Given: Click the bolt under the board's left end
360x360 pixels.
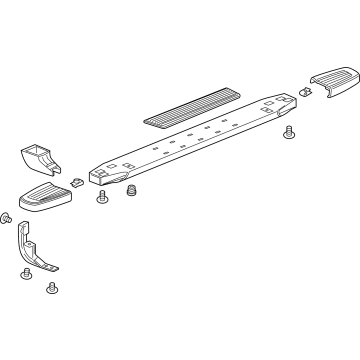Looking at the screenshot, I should click(x=100, y=199).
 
